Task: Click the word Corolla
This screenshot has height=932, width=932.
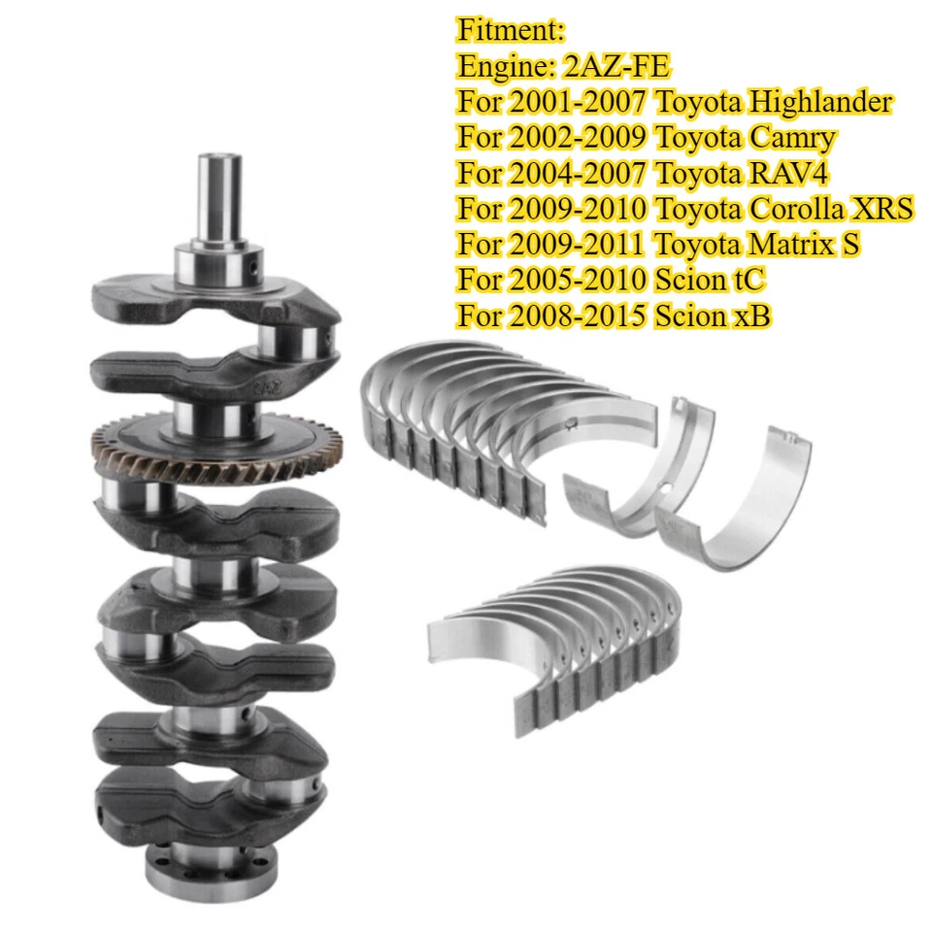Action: (x=785, y=209)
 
